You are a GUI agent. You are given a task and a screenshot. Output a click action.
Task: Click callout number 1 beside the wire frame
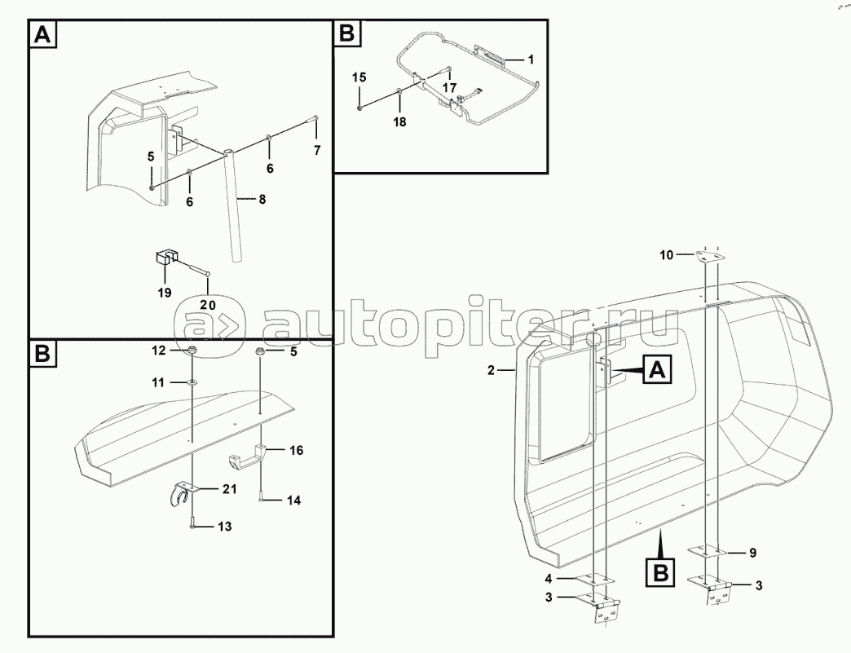click(x=531, y=60)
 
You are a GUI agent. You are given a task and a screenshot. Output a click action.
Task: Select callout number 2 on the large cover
click(x=491, y=371)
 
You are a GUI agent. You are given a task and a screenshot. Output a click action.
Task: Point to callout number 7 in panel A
click(x=317, y=150)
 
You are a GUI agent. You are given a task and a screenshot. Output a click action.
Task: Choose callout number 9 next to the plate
click(x=752, y=553)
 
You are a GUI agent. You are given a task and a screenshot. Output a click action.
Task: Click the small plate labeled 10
click(x=712, y=256)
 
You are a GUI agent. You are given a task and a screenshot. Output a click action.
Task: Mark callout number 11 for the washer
click(x=157, y=382)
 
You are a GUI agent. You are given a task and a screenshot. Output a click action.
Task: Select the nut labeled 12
click(x=192, y=350)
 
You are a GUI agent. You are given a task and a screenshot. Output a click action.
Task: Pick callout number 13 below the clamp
click(x=224, y=527)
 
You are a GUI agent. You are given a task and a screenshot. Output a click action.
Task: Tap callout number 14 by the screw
click(x=293, y=500)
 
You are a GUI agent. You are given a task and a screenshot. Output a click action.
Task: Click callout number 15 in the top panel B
click(x=359, y=77)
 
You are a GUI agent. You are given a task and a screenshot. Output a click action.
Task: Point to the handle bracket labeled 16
click(x=246, y=460)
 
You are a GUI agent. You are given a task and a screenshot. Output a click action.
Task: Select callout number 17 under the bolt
click(x=449, y=87)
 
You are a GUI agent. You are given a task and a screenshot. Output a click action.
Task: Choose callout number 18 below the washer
click(x=399, y=121)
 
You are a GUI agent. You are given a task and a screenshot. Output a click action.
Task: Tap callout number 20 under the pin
click(x=207, y=305)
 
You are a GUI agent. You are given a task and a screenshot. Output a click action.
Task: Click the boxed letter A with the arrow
click(x=657, y=370)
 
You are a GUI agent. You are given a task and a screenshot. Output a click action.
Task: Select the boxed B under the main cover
click(x=661, y=573)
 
